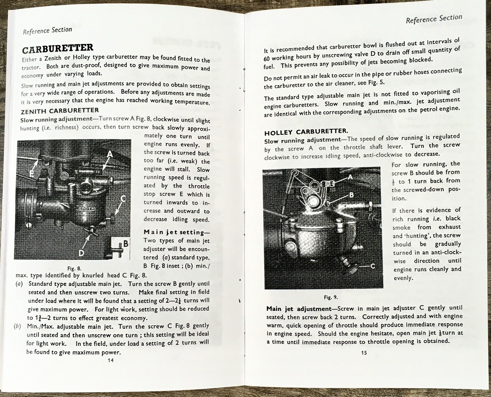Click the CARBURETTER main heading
(58, 48)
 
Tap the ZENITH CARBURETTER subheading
(60, 111)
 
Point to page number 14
(110, 360)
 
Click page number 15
(364, 353)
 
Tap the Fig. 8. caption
(74, 268)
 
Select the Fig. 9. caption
(331, 297)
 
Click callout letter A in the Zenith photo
(110, 154)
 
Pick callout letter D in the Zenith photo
(81, 252)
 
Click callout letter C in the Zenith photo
(123, 199)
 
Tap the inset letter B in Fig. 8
(125, 244)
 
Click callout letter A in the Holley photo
(350, 177)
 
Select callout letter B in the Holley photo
(351, 195)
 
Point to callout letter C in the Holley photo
(373, 266)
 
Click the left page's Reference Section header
(47, 30)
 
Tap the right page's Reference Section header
(434, 19)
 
